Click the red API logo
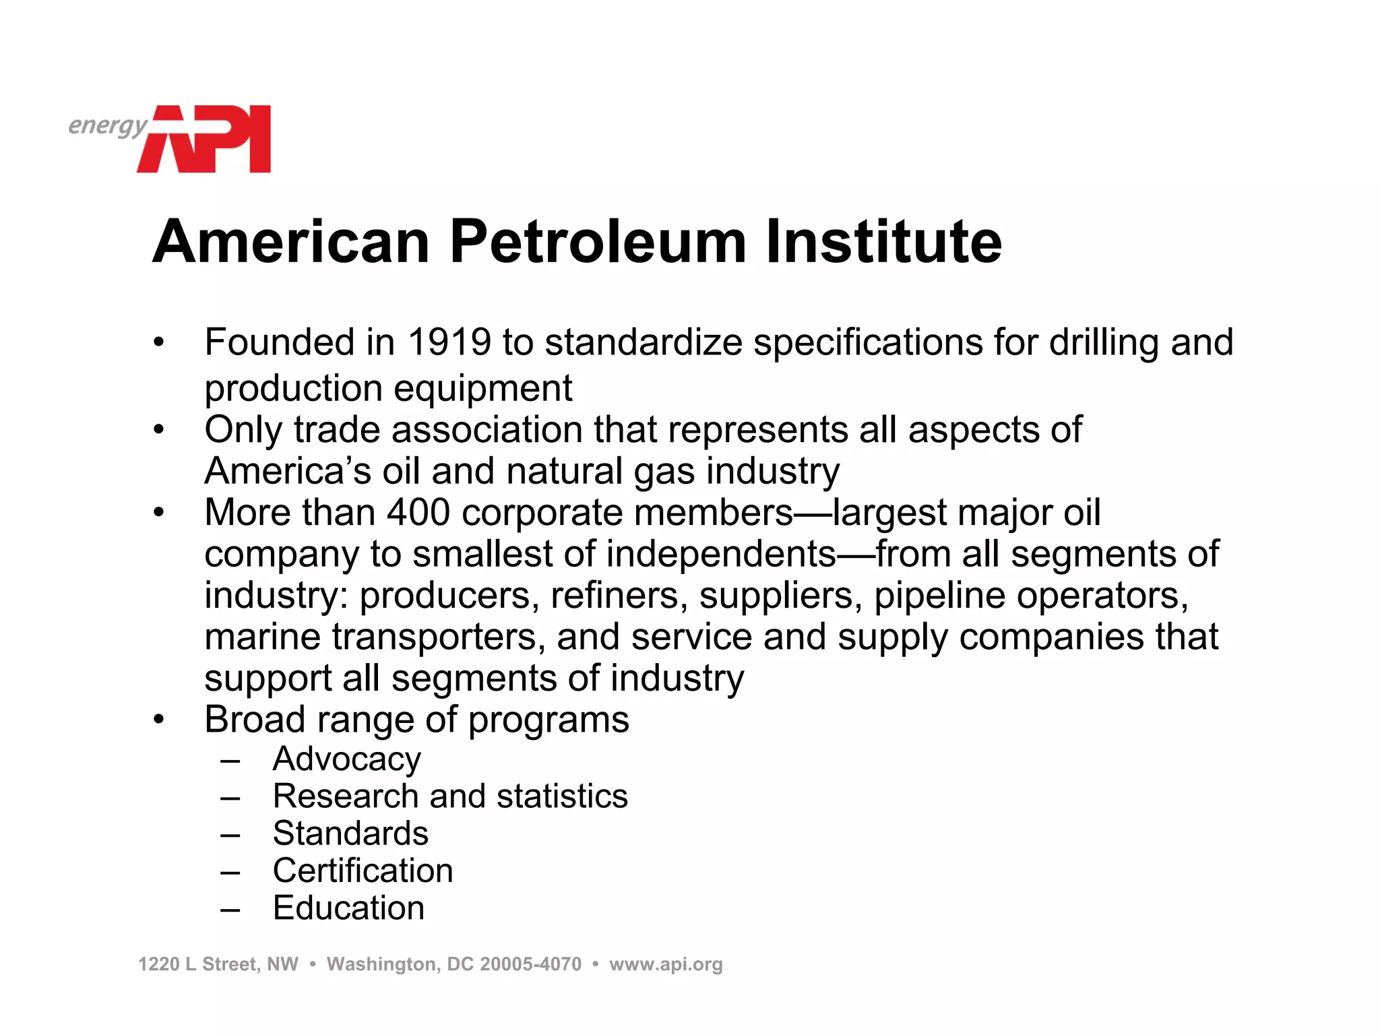206,139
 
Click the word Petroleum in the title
598,241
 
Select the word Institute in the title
883,241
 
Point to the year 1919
449,342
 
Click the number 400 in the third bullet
418,512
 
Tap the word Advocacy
346,759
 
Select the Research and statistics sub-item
450,796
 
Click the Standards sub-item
350,834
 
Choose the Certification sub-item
363,871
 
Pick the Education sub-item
348,908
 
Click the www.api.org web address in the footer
666,964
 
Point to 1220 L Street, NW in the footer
218,964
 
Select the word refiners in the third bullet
615,596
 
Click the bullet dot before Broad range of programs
158,720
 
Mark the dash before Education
230,910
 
